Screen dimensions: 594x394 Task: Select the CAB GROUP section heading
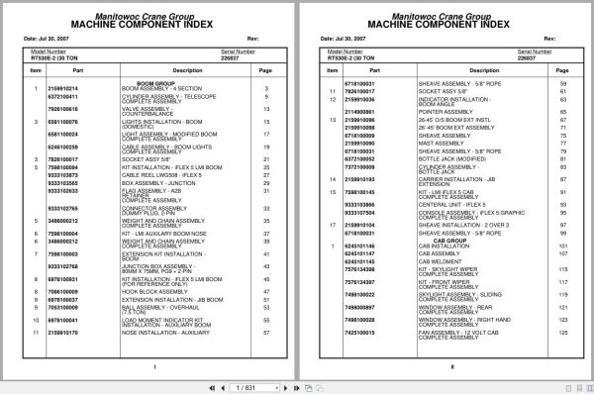[450, 240]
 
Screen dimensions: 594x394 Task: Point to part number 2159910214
[63, 89]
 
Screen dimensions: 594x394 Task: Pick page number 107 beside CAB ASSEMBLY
[563, 253]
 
